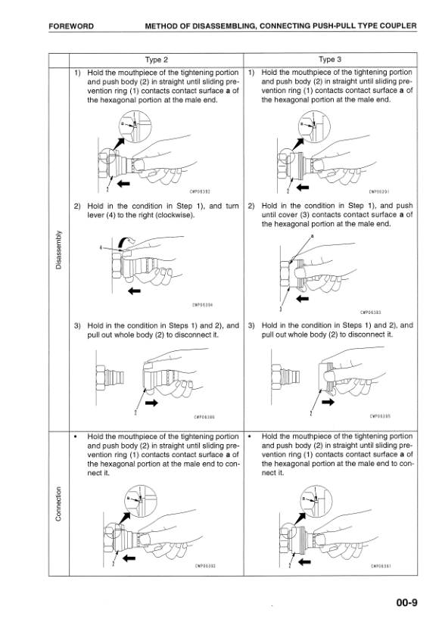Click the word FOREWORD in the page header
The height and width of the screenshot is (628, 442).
pyautogui.click(x=71, y=26)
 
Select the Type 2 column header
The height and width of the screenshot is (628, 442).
pyautogui.click(x=157, y=59)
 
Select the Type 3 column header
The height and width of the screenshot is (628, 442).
pyautogui.click(x=330, y=59)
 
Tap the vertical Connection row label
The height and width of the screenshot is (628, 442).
pyautogui.click(x=58, y=504)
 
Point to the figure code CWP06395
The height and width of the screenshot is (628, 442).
pyautogui.click(x=381, y=415)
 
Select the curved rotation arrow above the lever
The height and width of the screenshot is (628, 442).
pyautogui.click(x=132, y=240)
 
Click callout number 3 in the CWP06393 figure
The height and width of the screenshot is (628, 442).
pyautogui.click(x=281, y=309)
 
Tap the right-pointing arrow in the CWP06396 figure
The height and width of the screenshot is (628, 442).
pyautogui.click(x=152, y=403)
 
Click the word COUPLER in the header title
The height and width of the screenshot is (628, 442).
pyautogui.click(x=396, y=26)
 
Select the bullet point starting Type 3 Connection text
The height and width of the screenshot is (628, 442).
pyautogui.click(x=250, y=437)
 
